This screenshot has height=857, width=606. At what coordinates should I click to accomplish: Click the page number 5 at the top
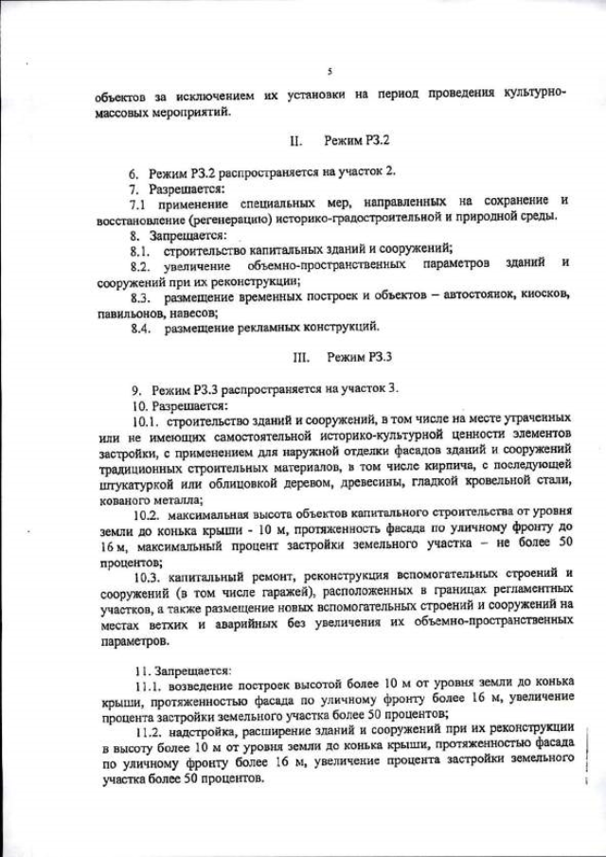(329, 70)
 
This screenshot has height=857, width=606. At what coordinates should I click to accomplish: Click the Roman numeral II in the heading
(295, 141)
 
